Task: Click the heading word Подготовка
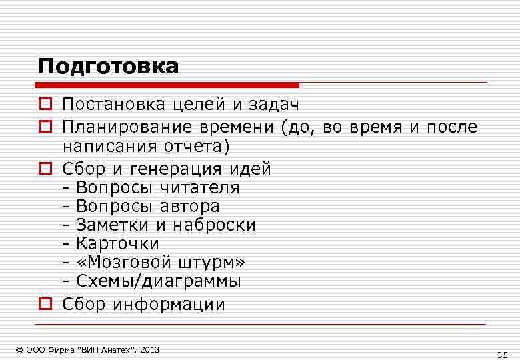click(108, 67)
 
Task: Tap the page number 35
click(502, 353)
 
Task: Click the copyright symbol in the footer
click(19, 349)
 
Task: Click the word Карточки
click(117, 243)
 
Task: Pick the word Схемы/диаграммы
click(159, 281)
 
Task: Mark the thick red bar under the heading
click(167, 85)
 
